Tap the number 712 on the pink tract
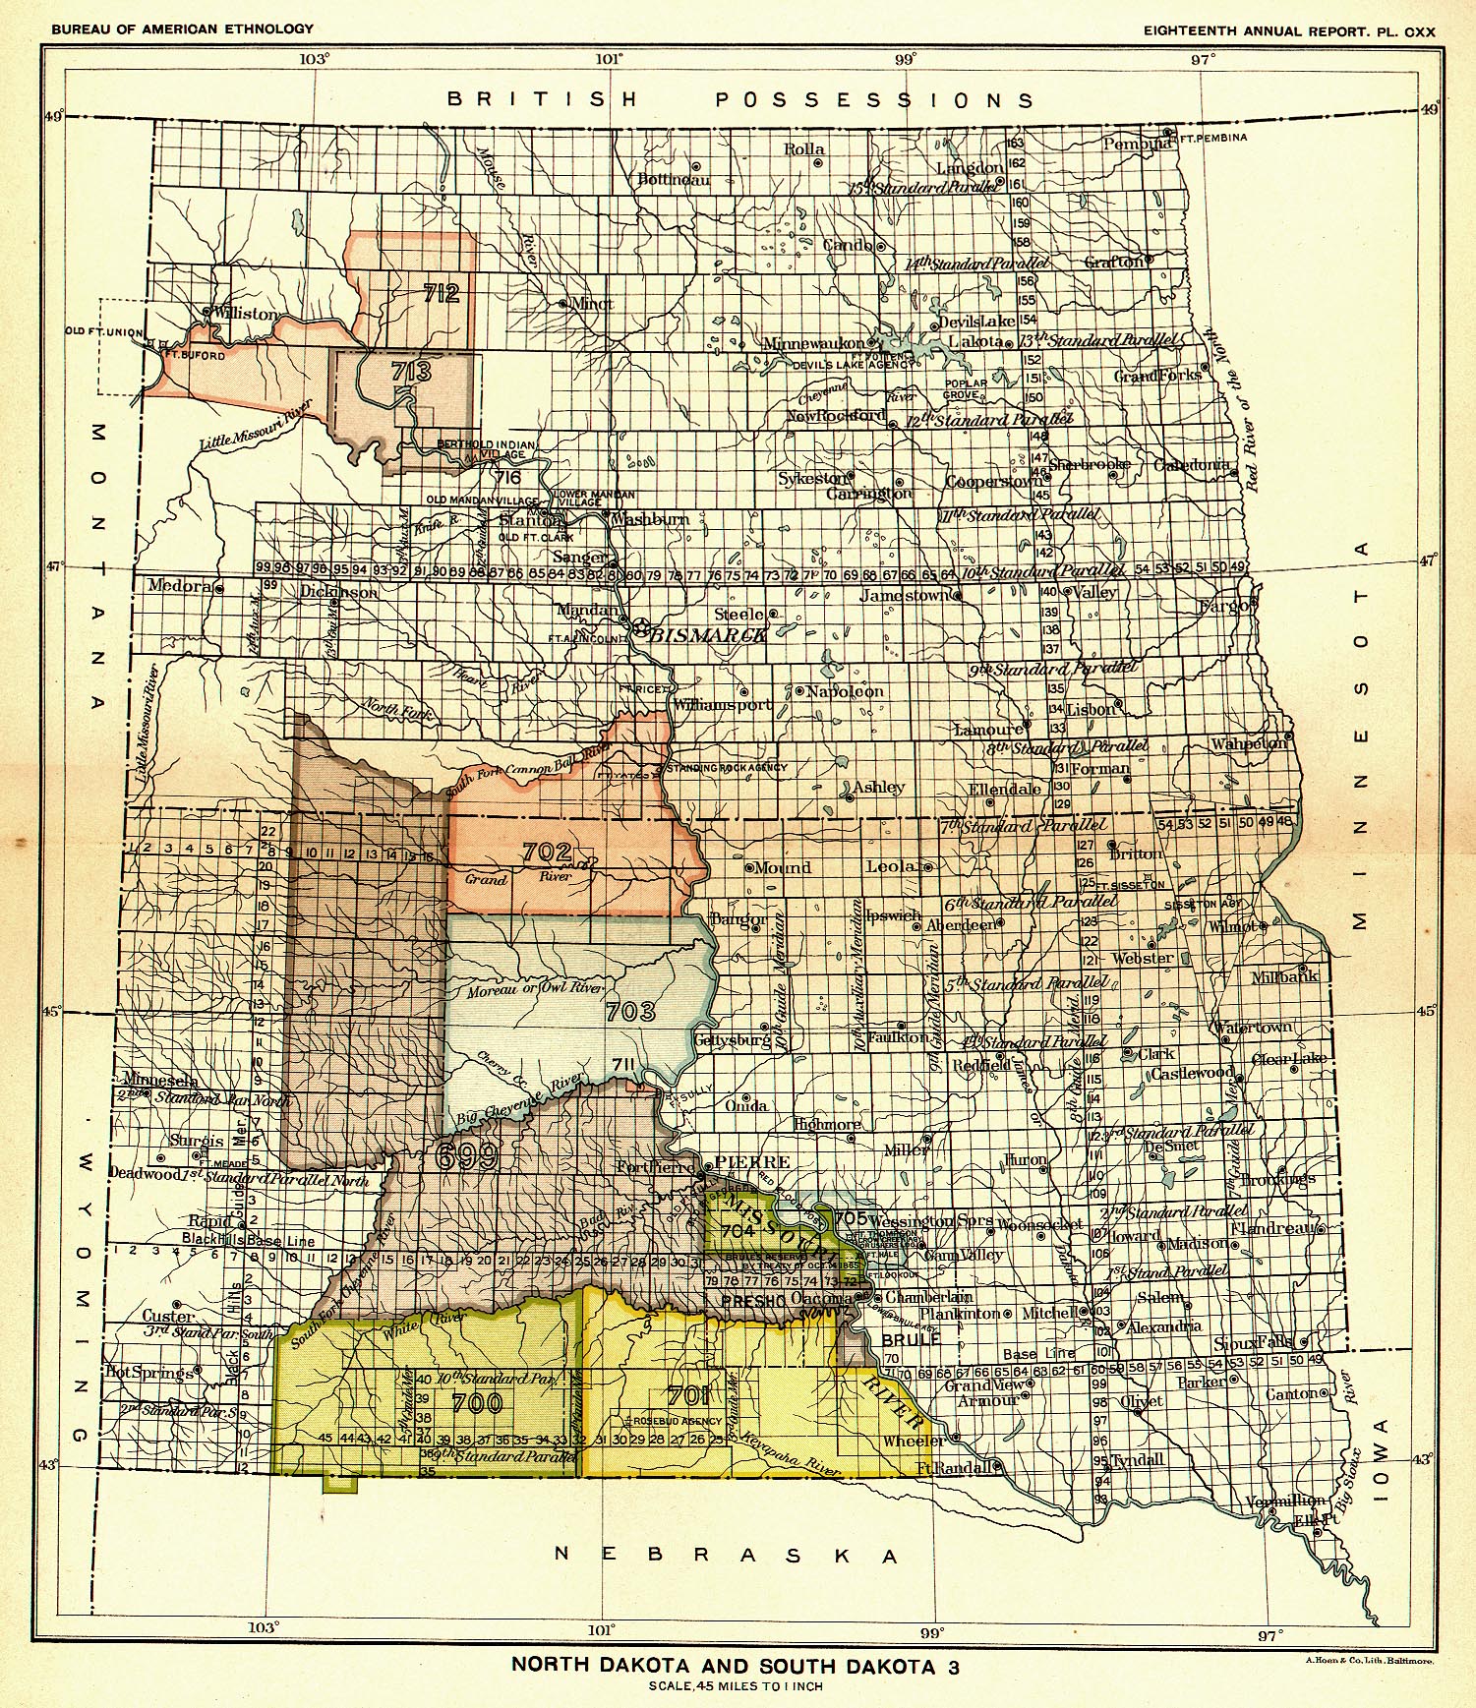(x=442, y=293)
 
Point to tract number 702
(x=547, y=851)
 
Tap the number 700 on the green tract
(x=478, y=1402)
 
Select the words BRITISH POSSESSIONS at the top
(x=739, y=99)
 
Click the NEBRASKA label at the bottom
(x=726, y=1555)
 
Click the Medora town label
(x=179, y=586)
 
